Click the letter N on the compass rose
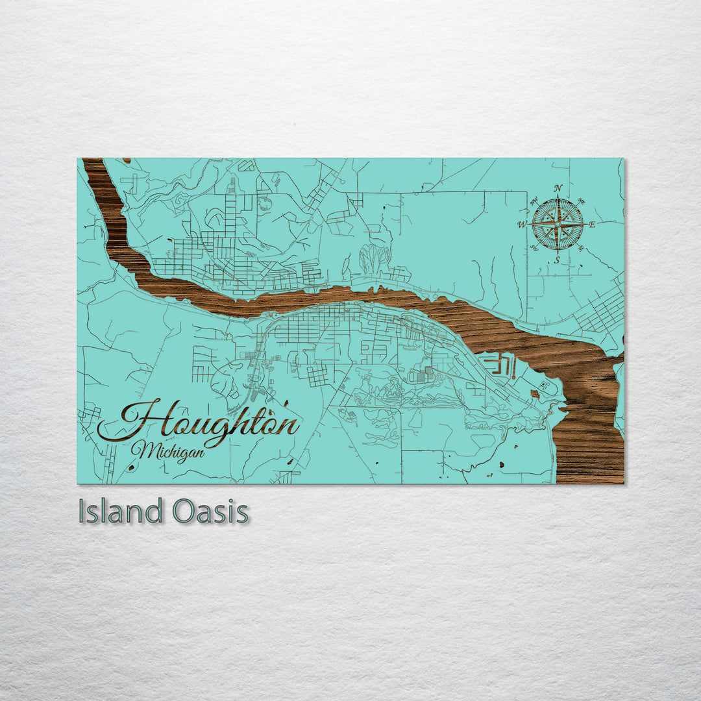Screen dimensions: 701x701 [x=558, y=189]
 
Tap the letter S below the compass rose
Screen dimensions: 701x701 [x=557, y=260]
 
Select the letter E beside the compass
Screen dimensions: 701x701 [x=592, y=225]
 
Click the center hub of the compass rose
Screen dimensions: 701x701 [x=558, y=225]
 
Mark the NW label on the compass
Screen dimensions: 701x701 [x=534, y=202]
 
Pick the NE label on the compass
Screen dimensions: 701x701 [x=580, y=201]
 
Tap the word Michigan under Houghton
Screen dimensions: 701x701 [x=167, y=450]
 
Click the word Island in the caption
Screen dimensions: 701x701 [x=120, y=511]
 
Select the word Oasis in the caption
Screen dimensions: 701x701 [x=211, y=511]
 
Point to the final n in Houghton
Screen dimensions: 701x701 [x=288, y=426]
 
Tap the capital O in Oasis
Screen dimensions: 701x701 [x=184, y=511]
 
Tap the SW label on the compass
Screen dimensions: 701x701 [x=534, y=248]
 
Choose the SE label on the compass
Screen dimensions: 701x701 [x=580, y=248]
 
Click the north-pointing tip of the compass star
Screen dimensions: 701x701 [x=558, y=199]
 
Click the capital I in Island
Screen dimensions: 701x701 [x=82, y=511]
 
